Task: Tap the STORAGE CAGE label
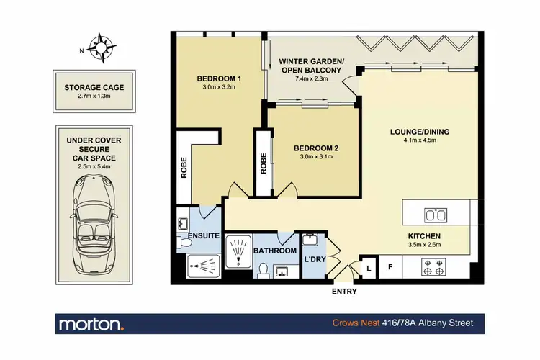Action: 94,88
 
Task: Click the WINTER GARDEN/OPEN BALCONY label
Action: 311,66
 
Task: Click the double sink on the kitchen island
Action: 436,215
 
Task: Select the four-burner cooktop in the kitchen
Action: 436,269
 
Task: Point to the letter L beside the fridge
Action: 369,269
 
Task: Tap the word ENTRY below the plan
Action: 343,292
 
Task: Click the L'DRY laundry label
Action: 314,258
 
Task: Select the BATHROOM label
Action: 274,251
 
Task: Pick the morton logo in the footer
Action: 91,323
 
